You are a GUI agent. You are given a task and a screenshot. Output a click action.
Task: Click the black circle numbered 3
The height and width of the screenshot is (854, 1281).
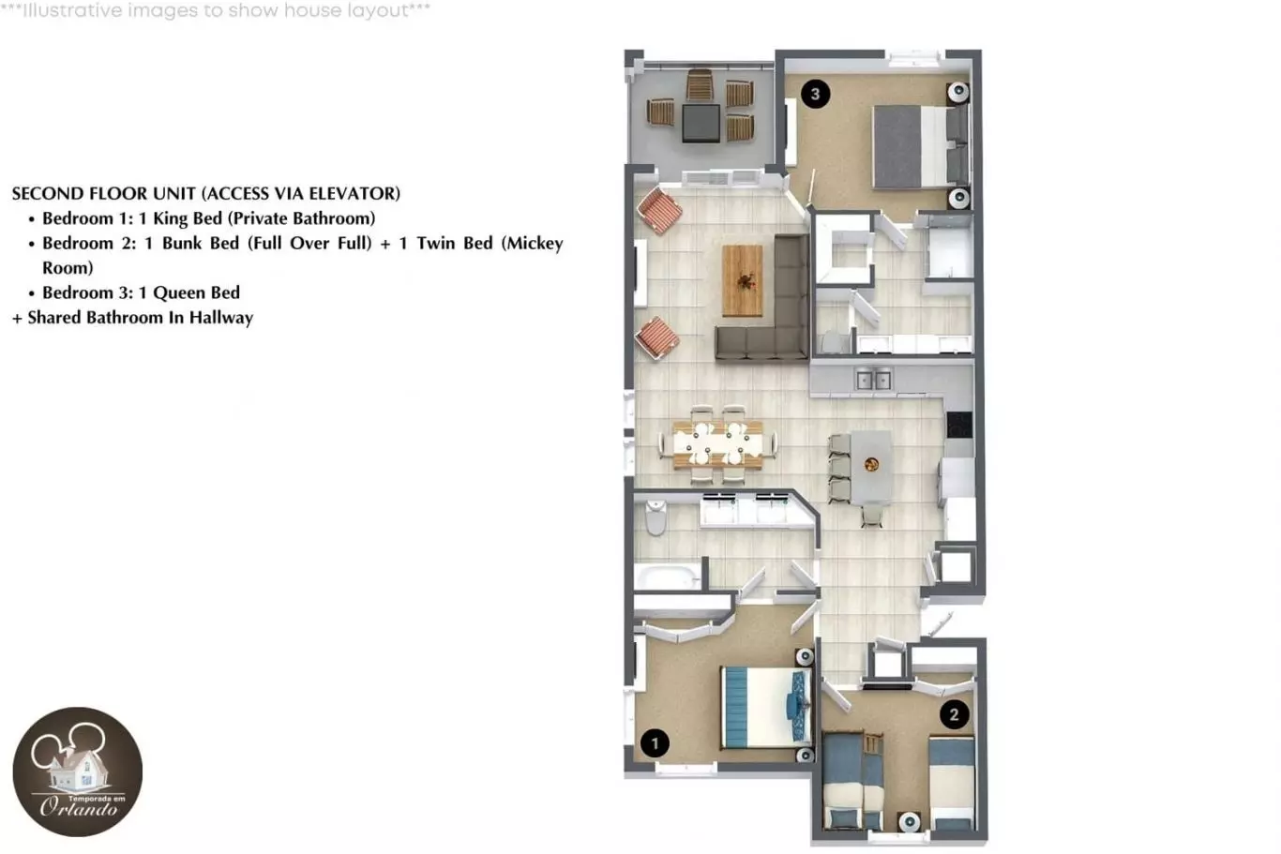point(816,94)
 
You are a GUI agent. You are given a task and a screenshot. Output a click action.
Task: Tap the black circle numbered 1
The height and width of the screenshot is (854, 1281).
point(655,743)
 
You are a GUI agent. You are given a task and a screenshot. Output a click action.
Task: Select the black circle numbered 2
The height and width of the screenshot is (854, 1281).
point(954,714)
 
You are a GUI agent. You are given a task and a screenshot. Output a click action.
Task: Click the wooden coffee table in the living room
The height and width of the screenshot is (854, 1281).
point(743,280)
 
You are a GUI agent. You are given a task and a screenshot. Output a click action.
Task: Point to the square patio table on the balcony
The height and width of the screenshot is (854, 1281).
point(701,123)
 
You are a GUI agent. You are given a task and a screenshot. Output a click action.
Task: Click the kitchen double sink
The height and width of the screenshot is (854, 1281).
point(873,380)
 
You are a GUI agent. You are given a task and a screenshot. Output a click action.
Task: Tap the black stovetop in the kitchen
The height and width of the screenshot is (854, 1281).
point(959,425)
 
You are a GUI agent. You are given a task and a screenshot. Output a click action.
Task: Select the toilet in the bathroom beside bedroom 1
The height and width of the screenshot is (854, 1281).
point(656,517)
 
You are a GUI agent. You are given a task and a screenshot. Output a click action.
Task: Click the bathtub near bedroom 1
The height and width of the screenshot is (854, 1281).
point(667,576)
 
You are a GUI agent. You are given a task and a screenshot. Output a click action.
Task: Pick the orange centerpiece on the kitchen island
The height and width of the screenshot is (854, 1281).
point(871,465)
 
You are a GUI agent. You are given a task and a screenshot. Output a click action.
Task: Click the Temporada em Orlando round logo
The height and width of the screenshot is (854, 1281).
point(78,772)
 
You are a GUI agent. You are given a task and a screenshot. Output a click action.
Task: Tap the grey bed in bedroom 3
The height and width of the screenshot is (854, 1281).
point(921,147)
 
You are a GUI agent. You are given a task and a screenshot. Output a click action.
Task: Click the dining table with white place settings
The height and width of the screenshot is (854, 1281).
point(717,444)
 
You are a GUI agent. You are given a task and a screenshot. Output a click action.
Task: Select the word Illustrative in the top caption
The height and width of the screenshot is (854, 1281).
point(72,10)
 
